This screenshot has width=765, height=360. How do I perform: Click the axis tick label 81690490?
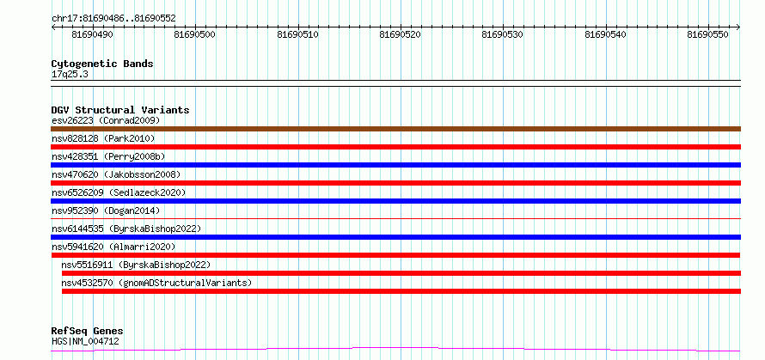92,34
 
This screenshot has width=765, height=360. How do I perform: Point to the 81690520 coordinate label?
400,34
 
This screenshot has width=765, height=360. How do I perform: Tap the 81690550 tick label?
707,34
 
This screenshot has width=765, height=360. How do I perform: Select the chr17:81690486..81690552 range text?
113,19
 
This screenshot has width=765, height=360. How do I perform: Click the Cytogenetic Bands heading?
102,64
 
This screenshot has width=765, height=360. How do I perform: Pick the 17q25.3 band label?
70,74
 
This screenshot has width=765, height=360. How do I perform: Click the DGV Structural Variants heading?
120,110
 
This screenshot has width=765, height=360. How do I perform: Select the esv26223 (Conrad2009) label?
106,120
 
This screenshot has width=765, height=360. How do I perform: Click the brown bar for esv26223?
395,129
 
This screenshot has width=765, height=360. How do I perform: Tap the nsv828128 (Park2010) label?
103,138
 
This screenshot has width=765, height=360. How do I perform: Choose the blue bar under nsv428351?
395,165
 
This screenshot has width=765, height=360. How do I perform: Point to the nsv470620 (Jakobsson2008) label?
116,174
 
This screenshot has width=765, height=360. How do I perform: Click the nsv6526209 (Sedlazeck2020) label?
119,192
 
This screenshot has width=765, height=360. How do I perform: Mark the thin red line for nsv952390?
395,218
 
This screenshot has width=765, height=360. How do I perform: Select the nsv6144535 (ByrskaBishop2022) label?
126,229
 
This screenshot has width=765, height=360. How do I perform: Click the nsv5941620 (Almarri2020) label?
113,247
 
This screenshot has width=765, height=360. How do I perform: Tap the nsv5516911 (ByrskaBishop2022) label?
136,265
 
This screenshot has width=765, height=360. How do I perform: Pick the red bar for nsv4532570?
401,291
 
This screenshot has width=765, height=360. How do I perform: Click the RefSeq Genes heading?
87,332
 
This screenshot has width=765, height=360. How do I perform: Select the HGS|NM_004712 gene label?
85,341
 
